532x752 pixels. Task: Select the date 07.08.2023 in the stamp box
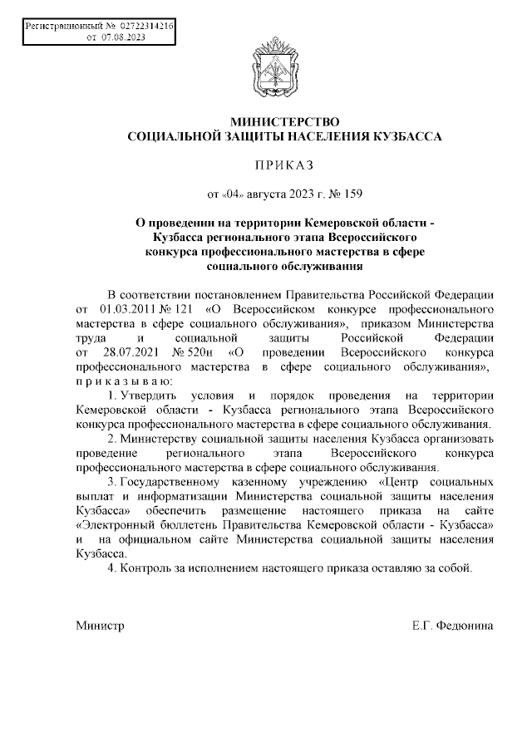point(122,38)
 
